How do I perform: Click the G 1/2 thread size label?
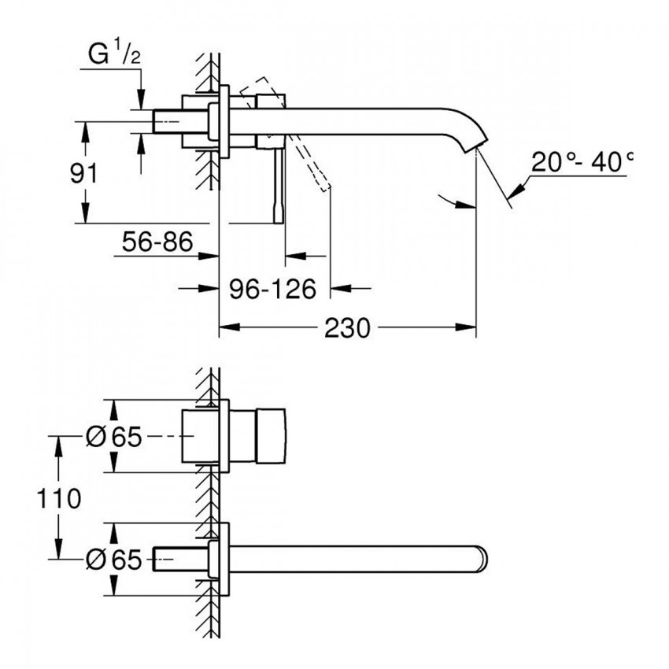(114, 54)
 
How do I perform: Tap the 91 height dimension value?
(83, 173)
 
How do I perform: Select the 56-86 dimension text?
(157, 242)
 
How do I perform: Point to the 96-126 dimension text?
(272, 289)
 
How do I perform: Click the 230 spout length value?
(347, 328)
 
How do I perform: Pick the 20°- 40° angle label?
(582, 162)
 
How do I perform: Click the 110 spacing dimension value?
(59, 498)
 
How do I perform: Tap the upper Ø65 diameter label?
(113, 437)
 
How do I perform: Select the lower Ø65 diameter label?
(113, 560)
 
